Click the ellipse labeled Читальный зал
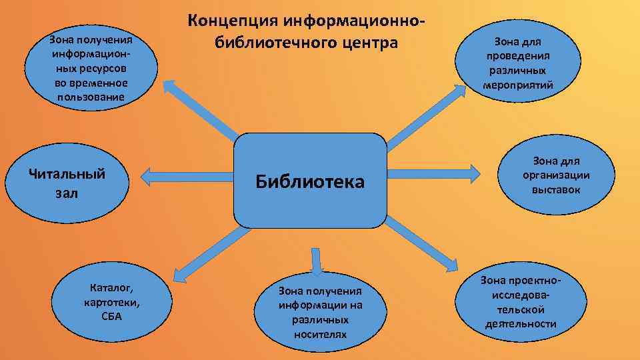(67, 183)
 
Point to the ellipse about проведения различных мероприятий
(519, 64)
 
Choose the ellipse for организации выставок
(556, 175)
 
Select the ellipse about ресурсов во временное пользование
(90, 69)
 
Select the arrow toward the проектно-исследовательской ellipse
(421, 244)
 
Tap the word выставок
(556, 190)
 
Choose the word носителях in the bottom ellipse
(320, 333)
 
